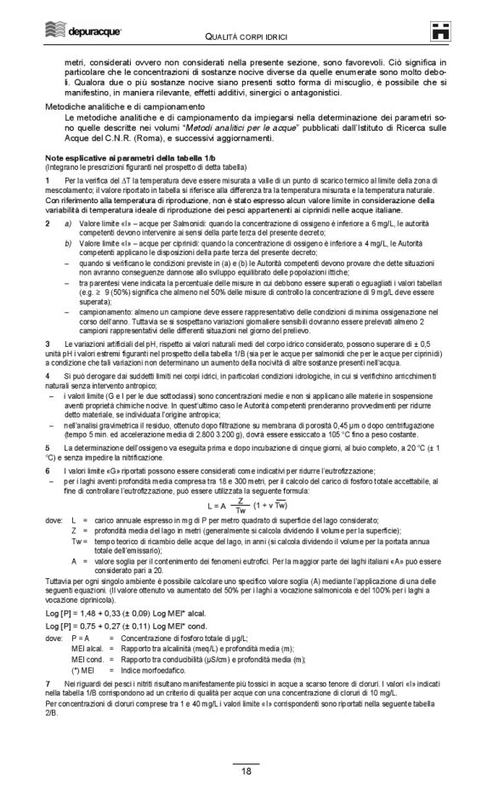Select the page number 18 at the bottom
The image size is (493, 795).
pyautogui.click(x=246, y=772)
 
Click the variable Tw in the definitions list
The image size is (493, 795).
pyautogui.click(x=79, y=541)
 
